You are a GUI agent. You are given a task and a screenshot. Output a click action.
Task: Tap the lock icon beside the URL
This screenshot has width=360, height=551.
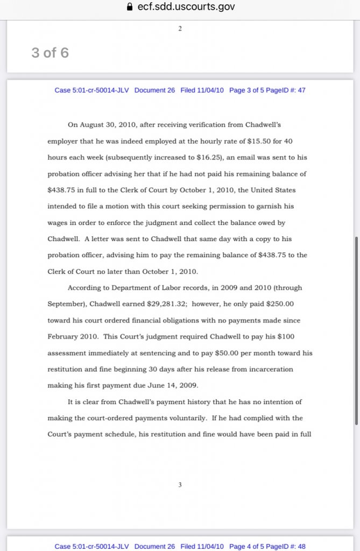[128, 8]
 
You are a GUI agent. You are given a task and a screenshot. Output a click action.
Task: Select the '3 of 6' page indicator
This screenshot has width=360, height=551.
[50, 53]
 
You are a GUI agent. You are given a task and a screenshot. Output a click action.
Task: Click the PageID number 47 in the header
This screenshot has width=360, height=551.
[301, 90]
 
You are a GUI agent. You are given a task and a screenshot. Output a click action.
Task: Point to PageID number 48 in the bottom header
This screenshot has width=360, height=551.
[301, 547]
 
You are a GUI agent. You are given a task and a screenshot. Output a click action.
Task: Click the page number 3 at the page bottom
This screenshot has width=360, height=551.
[180, 485]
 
